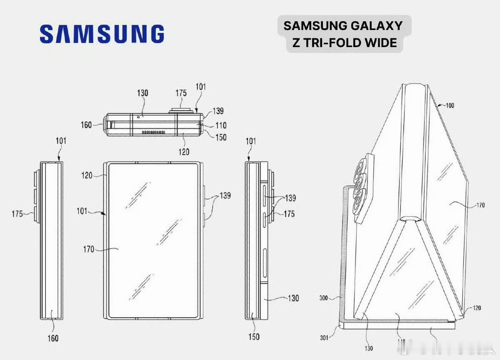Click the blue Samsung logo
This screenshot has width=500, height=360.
pyautogui.click(x=102, y=33)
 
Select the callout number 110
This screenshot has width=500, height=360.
pyautogui.click(x=221, y=125)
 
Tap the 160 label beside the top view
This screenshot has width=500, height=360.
pyautogui.click(x=86, y=125)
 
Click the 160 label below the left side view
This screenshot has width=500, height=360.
pyautogui.click(x=53, y=338)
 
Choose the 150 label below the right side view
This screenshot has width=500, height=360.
pyautogui.click(x=254, y=337)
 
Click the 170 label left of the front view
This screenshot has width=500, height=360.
pyautogui.click(x=89, y=250)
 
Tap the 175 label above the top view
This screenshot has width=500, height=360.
pyautogui.click(x=181, y=93)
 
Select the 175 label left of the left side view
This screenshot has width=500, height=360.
pyautogui.click(x=17, y=214)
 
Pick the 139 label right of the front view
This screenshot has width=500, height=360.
pyautogui.click(x=225, y=195)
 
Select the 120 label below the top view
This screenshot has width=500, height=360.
pyautogui.click(x=184, y=152)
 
